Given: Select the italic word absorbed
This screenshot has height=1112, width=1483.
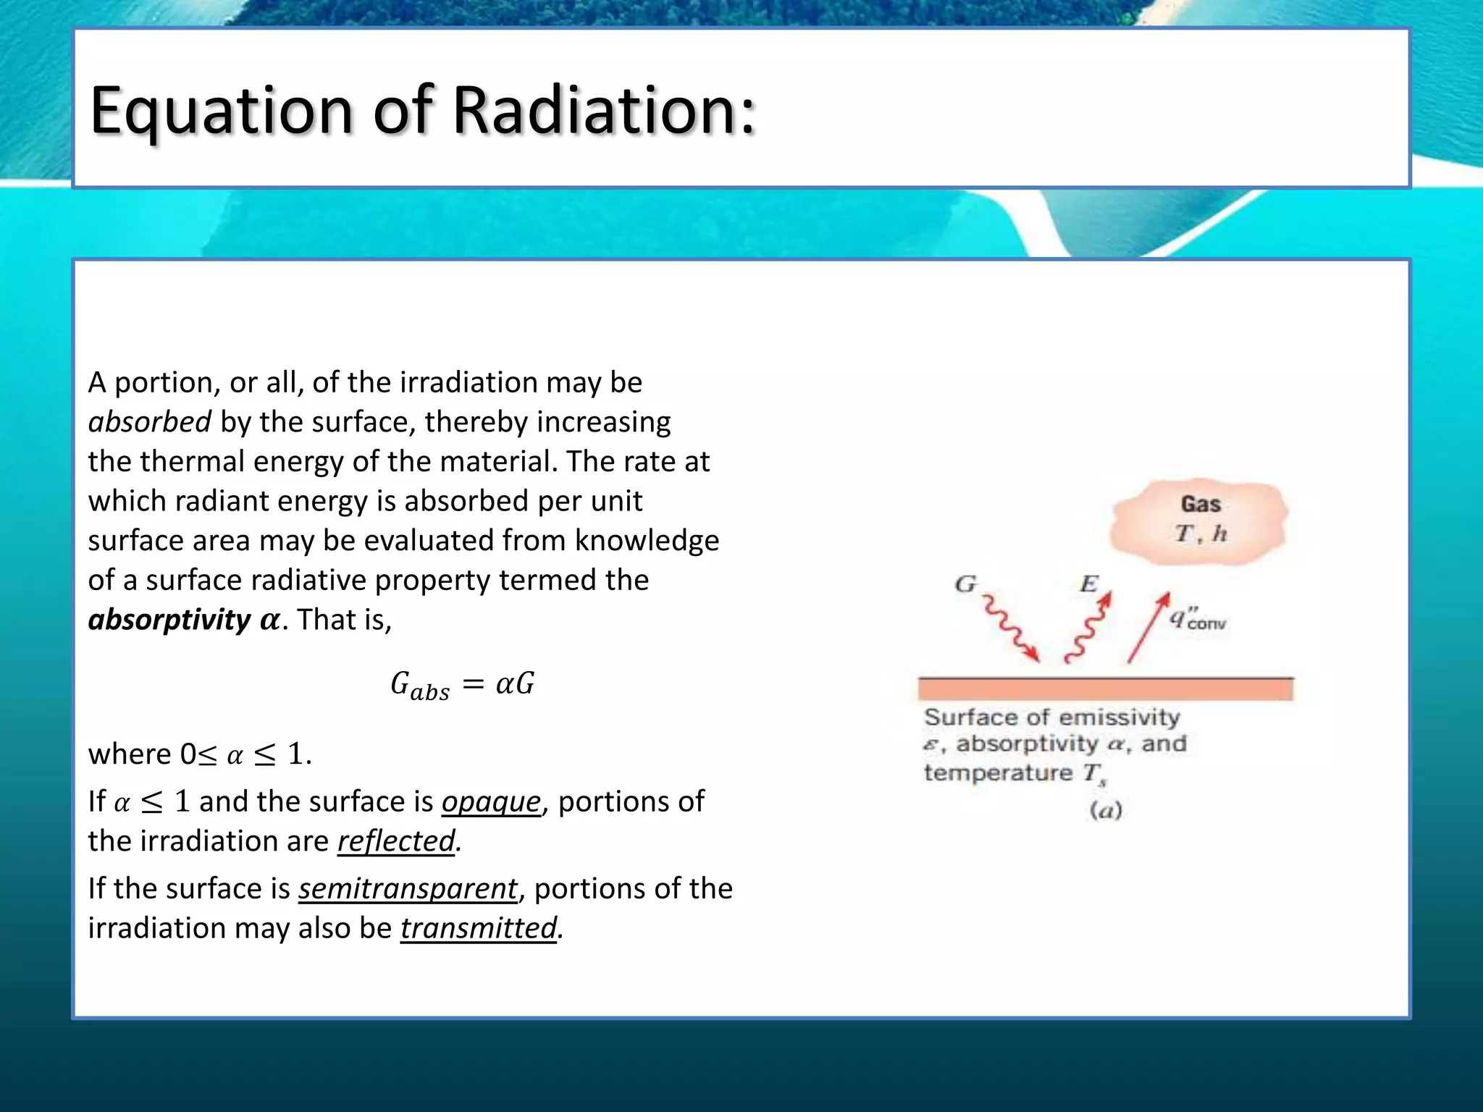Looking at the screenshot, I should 150,422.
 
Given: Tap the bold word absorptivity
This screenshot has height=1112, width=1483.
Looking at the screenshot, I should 169,620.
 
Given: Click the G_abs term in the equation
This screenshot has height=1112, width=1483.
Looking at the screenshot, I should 419,685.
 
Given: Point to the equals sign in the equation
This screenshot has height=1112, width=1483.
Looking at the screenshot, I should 473,683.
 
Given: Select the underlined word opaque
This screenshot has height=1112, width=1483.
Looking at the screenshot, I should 491,802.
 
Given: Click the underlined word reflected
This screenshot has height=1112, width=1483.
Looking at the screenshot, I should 396,841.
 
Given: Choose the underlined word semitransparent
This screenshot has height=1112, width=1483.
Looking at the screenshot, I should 408,889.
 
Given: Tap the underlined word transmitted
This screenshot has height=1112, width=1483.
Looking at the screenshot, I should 479,928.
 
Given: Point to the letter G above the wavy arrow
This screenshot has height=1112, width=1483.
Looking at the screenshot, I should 966,584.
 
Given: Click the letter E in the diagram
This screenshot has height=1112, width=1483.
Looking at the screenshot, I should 1088,584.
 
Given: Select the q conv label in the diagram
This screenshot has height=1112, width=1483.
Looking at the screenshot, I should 1197,619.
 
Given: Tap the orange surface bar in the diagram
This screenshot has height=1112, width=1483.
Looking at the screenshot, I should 1105,688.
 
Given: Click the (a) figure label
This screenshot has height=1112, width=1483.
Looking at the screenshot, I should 1106,810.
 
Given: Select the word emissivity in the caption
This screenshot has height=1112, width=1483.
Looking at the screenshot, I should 1119,717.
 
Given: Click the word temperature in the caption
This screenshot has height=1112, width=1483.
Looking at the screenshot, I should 998,773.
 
